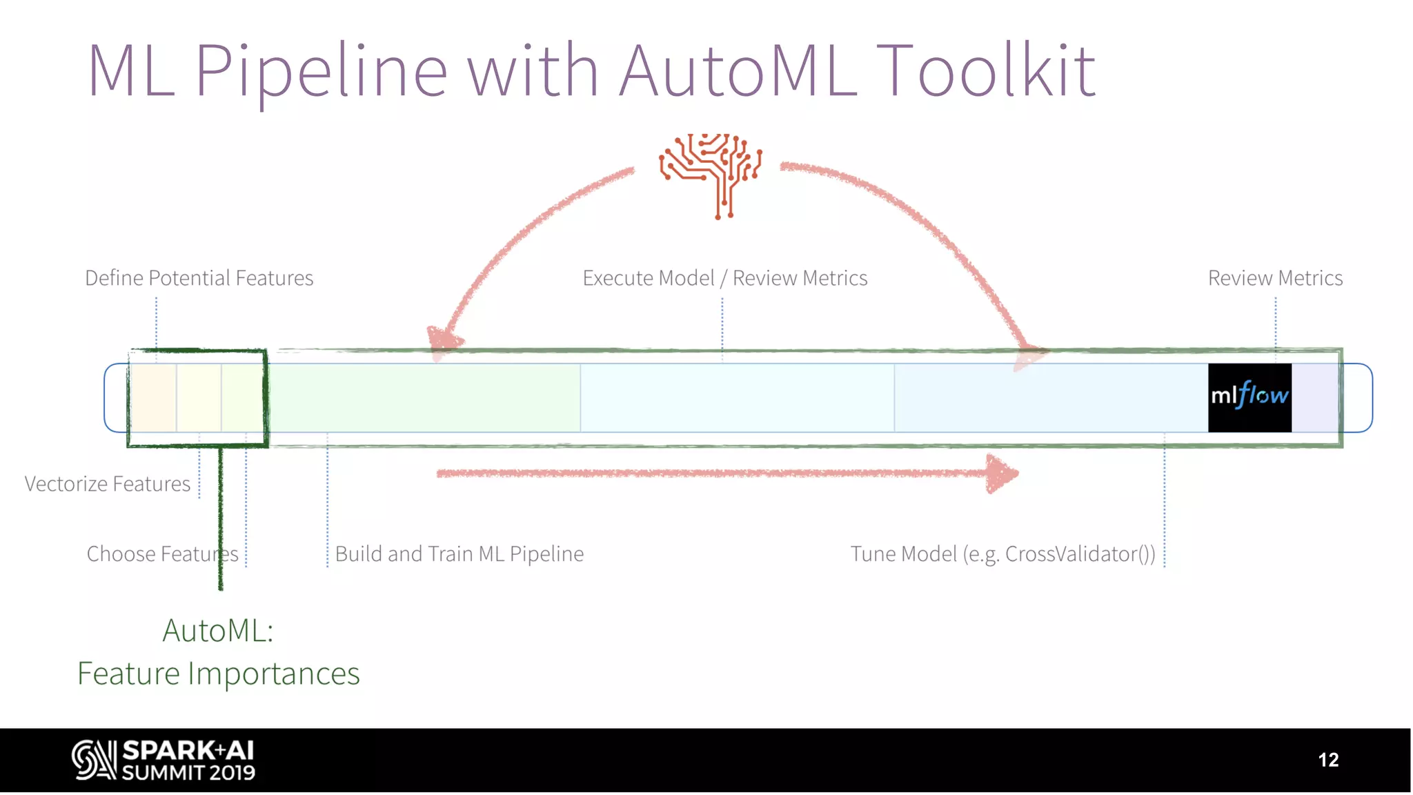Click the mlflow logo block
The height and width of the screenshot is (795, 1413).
tap(1249, 397)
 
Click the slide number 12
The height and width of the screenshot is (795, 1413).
tap(1327, 760)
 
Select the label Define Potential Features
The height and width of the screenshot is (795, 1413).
tap(199, 278)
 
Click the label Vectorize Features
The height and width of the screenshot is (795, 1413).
tap(108, 484)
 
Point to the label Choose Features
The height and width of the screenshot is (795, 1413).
tap(162, 553)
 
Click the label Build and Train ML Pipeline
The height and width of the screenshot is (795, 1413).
tap(460, 553)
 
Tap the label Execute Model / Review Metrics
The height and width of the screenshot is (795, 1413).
tap(724, 278)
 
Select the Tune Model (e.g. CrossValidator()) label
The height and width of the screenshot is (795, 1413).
tap(1002, 553)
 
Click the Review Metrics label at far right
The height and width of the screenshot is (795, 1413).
tap(1275, 278)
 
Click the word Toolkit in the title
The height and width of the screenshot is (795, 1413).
tap(988, 70)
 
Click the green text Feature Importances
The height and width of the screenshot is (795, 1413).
tap(218, 674)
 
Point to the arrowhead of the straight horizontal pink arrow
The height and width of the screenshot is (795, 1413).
tap(1002, 473)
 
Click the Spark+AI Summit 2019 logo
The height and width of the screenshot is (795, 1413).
tap(164, 760)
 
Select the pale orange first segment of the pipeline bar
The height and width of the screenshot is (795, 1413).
tap(153, 397)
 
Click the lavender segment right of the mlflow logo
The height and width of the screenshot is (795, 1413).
tap(1315, 397)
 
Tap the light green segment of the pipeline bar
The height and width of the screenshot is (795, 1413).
tap(424, 397)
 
